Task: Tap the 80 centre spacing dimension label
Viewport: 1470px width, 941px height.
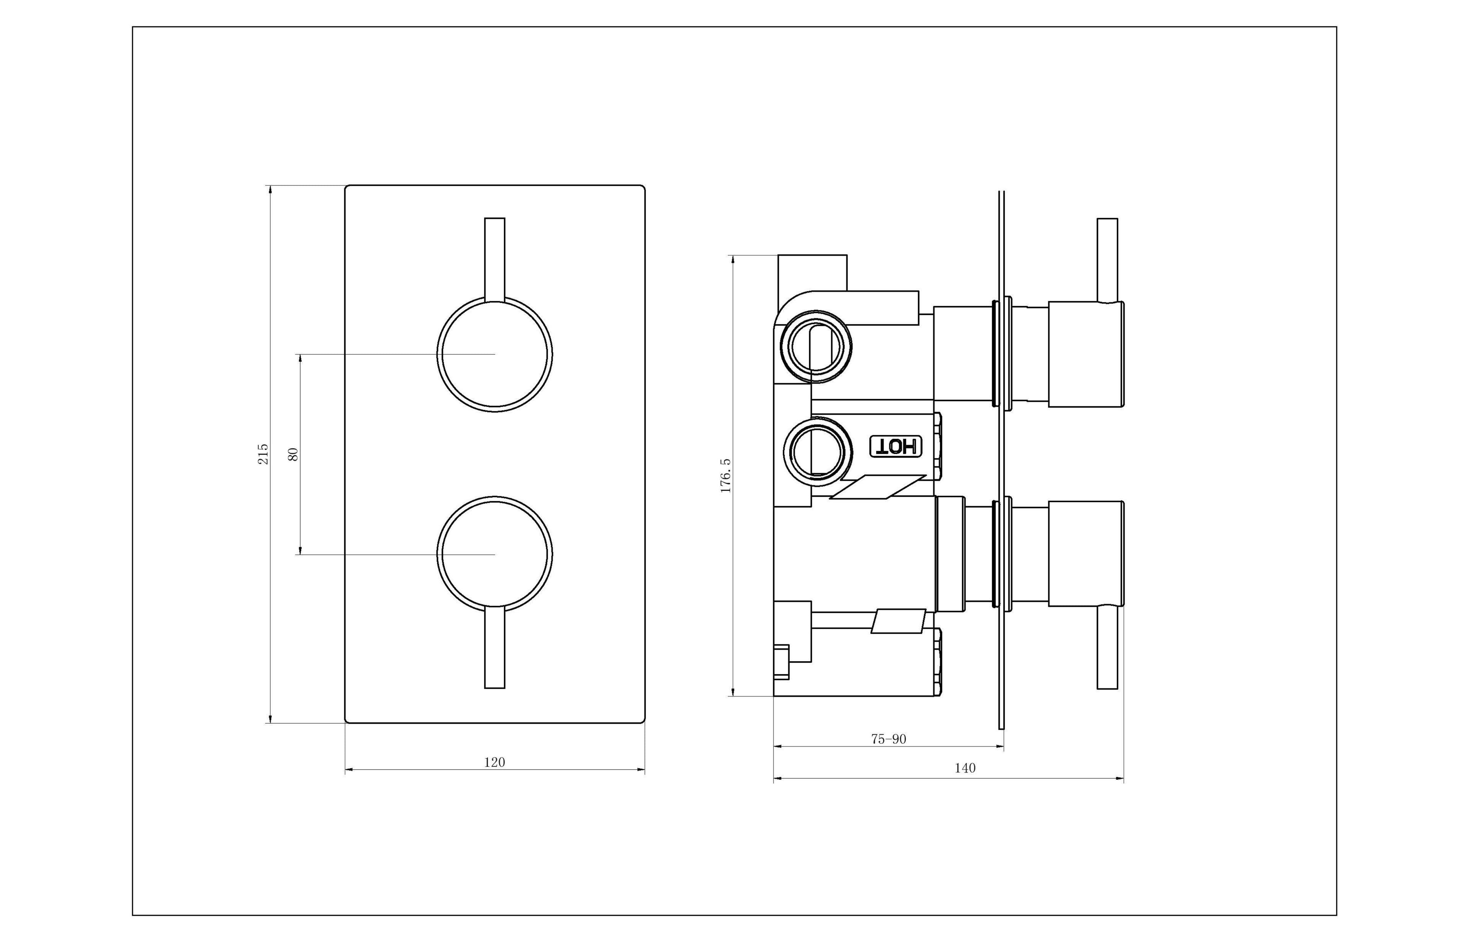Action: click(x=293, y=454)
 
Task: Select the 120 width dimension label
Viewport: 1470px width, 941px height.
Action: click(x=494, y=762)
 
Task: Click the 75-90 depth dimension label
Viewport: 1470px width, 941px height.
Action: click(x=889, y=739)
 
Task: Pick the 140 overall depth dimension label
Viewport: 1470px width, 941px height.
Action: click(x=965, y=768)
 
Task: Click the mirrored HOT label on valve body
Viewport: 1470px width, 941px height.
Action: click(x=896, y=447)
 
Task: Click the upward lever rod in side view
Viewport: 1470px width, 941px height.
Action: click(x=1107, y=260)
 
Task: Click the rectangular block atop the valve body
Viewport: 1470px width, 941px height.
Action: click(x=812, y=273)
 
